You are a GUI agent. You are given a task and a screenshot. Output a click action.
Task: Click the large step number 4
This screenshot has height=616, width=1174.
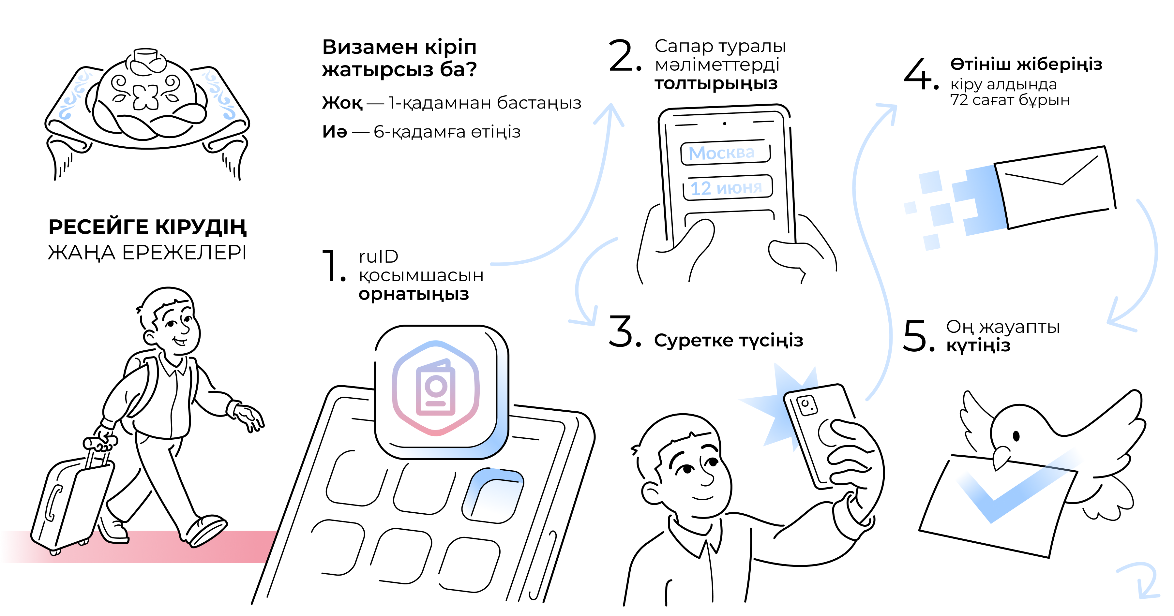coord(918,74)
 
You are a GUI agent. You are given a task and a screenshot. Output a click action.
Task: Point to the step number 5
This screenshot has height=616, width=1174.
coord(915,336)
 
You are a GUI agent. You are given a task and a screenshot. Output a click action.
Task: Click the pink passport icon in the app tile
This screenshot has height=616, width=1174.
coord(436,388)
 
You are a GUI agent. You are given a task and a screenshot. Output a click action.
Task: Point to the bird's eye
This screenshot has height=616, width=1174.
coord(1016,436)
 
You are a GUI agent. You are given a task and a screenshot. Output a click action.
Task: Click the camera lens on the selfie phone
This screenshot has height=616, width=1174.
coord(806,404)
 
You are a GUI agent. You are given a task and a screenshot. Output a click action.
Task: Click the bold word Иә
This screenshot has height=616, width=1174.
coord(335,132)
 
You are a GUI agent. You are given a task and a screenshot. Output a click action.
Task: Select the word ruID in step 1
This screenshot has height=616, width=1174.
coord(378,257)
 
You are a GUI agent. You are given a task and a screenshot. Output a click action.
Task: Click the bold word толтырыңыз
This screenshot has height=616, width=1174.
coord(716,83)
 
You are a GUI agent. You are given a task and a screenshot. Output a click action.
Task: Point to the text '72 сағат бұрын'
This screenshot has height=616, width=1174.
coord(1009,100)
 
